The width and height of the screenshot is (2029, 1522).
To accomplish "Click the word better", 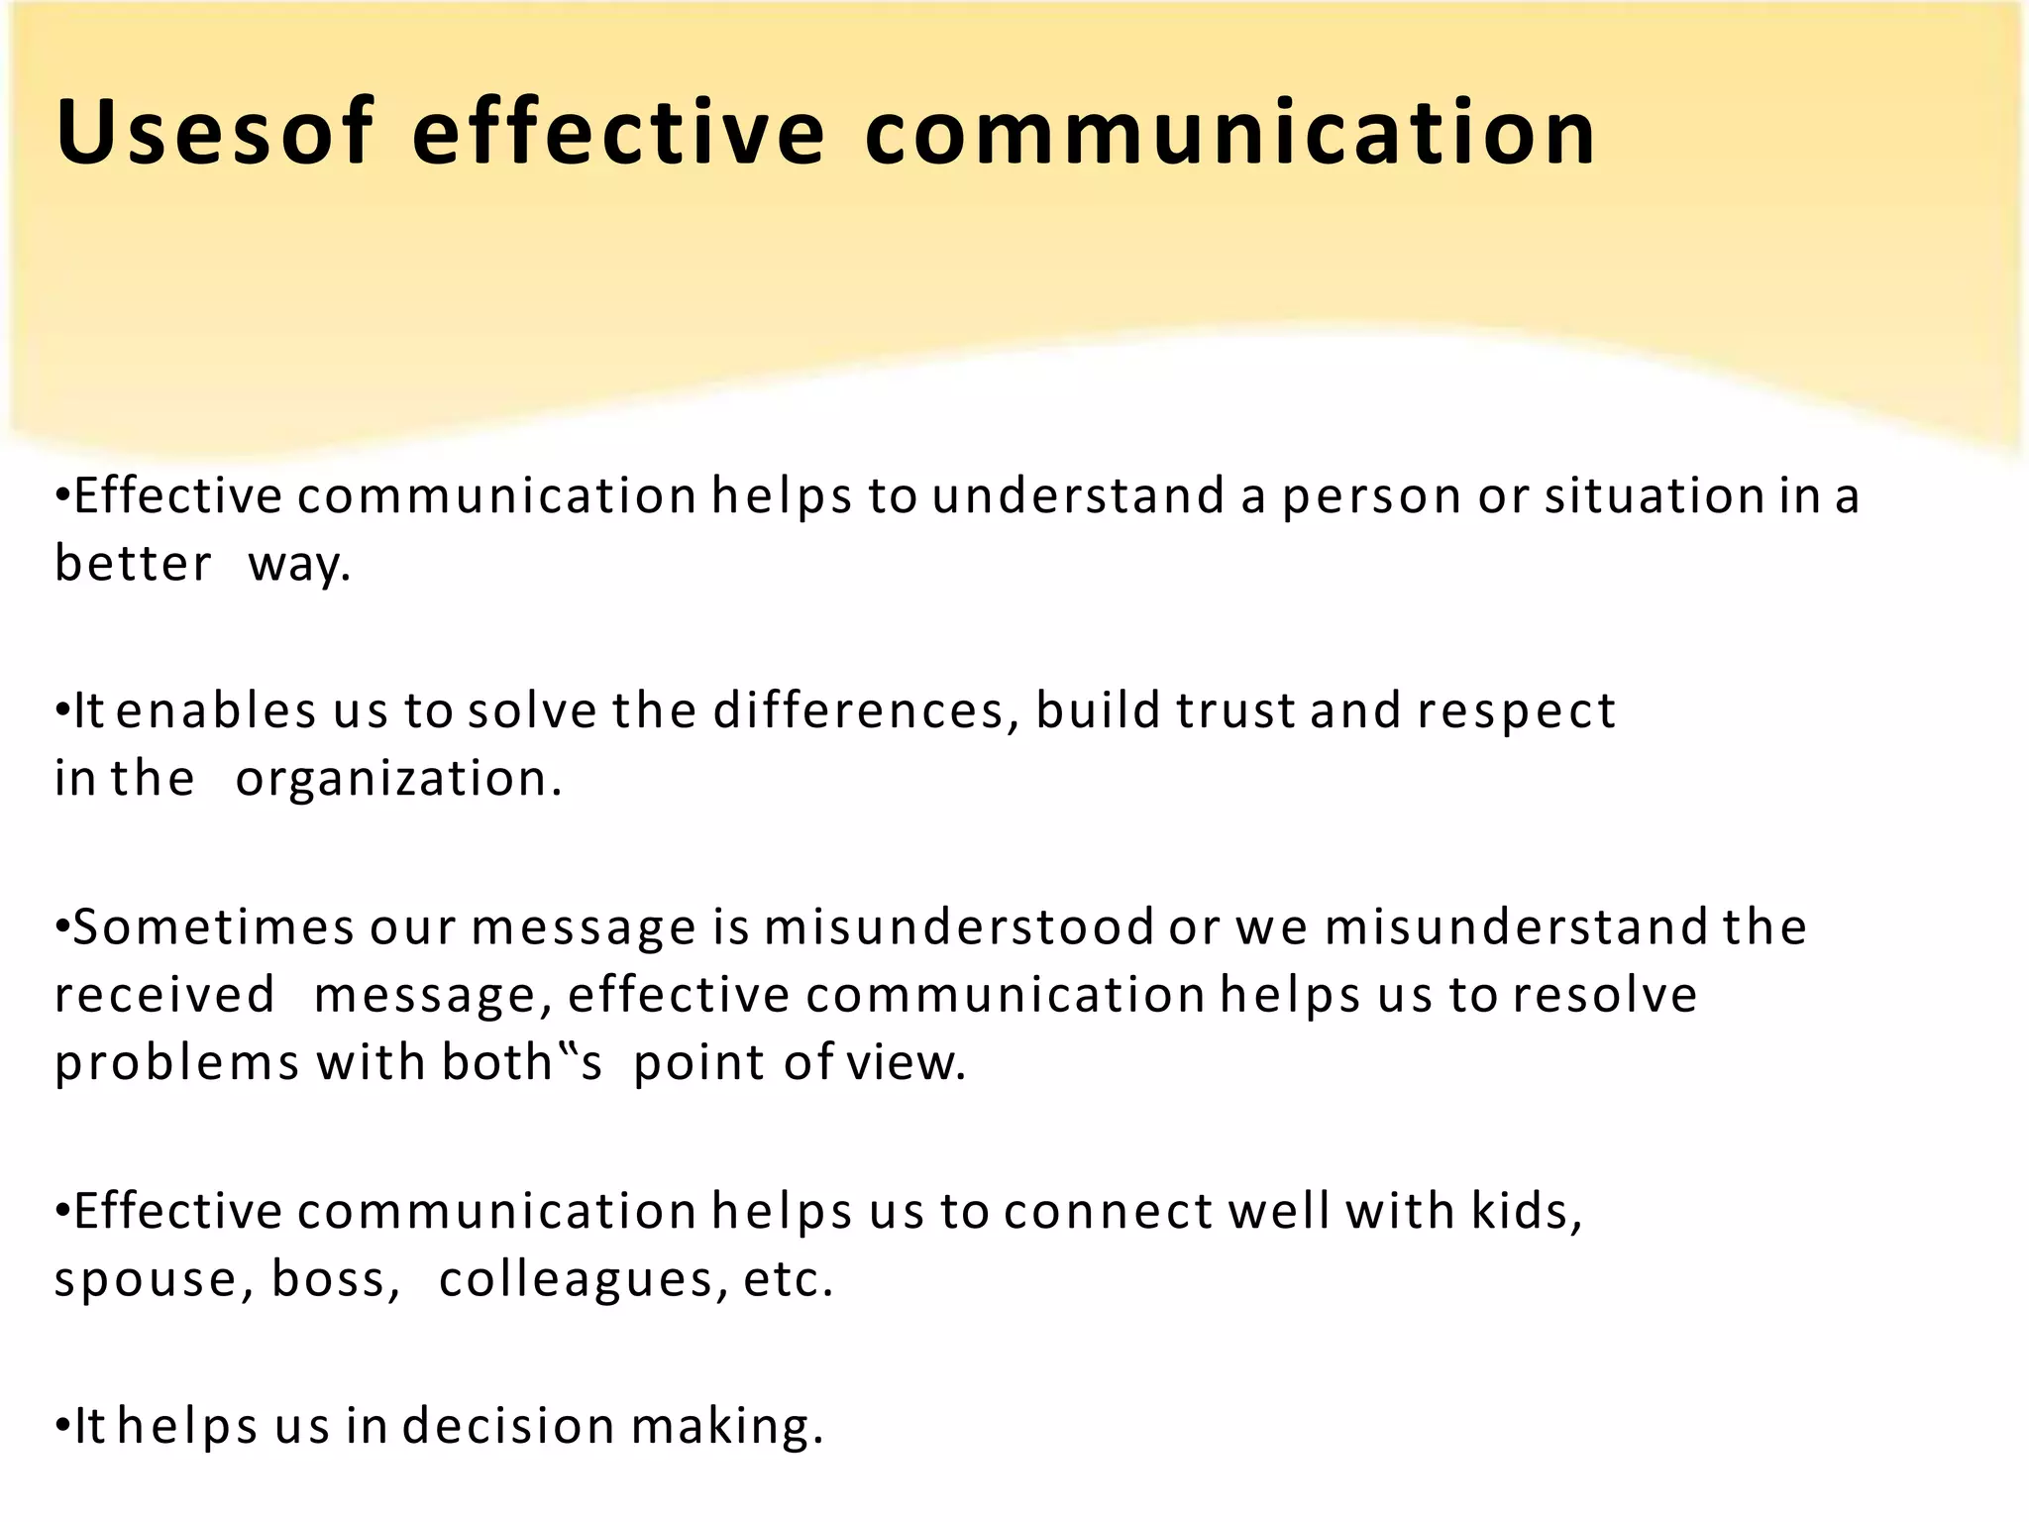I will point(133,564).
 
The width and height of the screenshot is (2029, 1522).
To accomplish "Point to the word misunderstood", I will point(958,927).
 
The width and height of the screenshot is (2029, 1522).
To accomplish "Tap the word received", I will point(164,995).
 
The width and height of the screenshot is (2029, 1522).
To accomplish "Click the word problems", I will point(176,1063).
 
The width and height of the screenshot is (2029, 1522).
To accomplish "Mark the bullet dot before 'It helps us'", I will point(61,1426).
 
